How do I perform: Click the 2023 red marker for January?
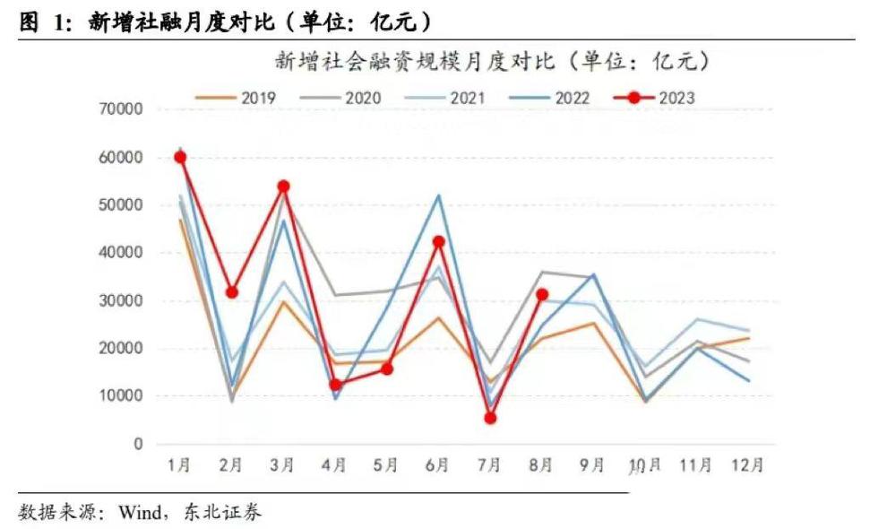pos(180,157)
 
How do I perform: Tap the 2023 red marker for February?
pos(232,292)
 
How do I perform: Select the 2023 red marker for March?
pos(283,186)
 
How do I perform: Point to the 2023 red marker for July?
pos(490,418)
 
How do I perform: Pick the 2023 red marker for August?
pos(541,294)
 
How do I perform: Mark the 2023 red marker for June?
pos(438,241)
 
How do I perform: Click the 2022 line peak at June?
pos(438,195)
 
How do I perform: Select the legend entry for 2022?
pos(550,98)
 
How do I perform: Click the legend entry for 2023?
pos(655,98)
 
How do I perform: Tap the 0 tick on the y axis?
pos(137,444)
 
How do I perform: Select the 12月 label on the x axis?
pos(746,465)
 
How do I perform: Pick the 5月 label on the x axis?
pos(386,465)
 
